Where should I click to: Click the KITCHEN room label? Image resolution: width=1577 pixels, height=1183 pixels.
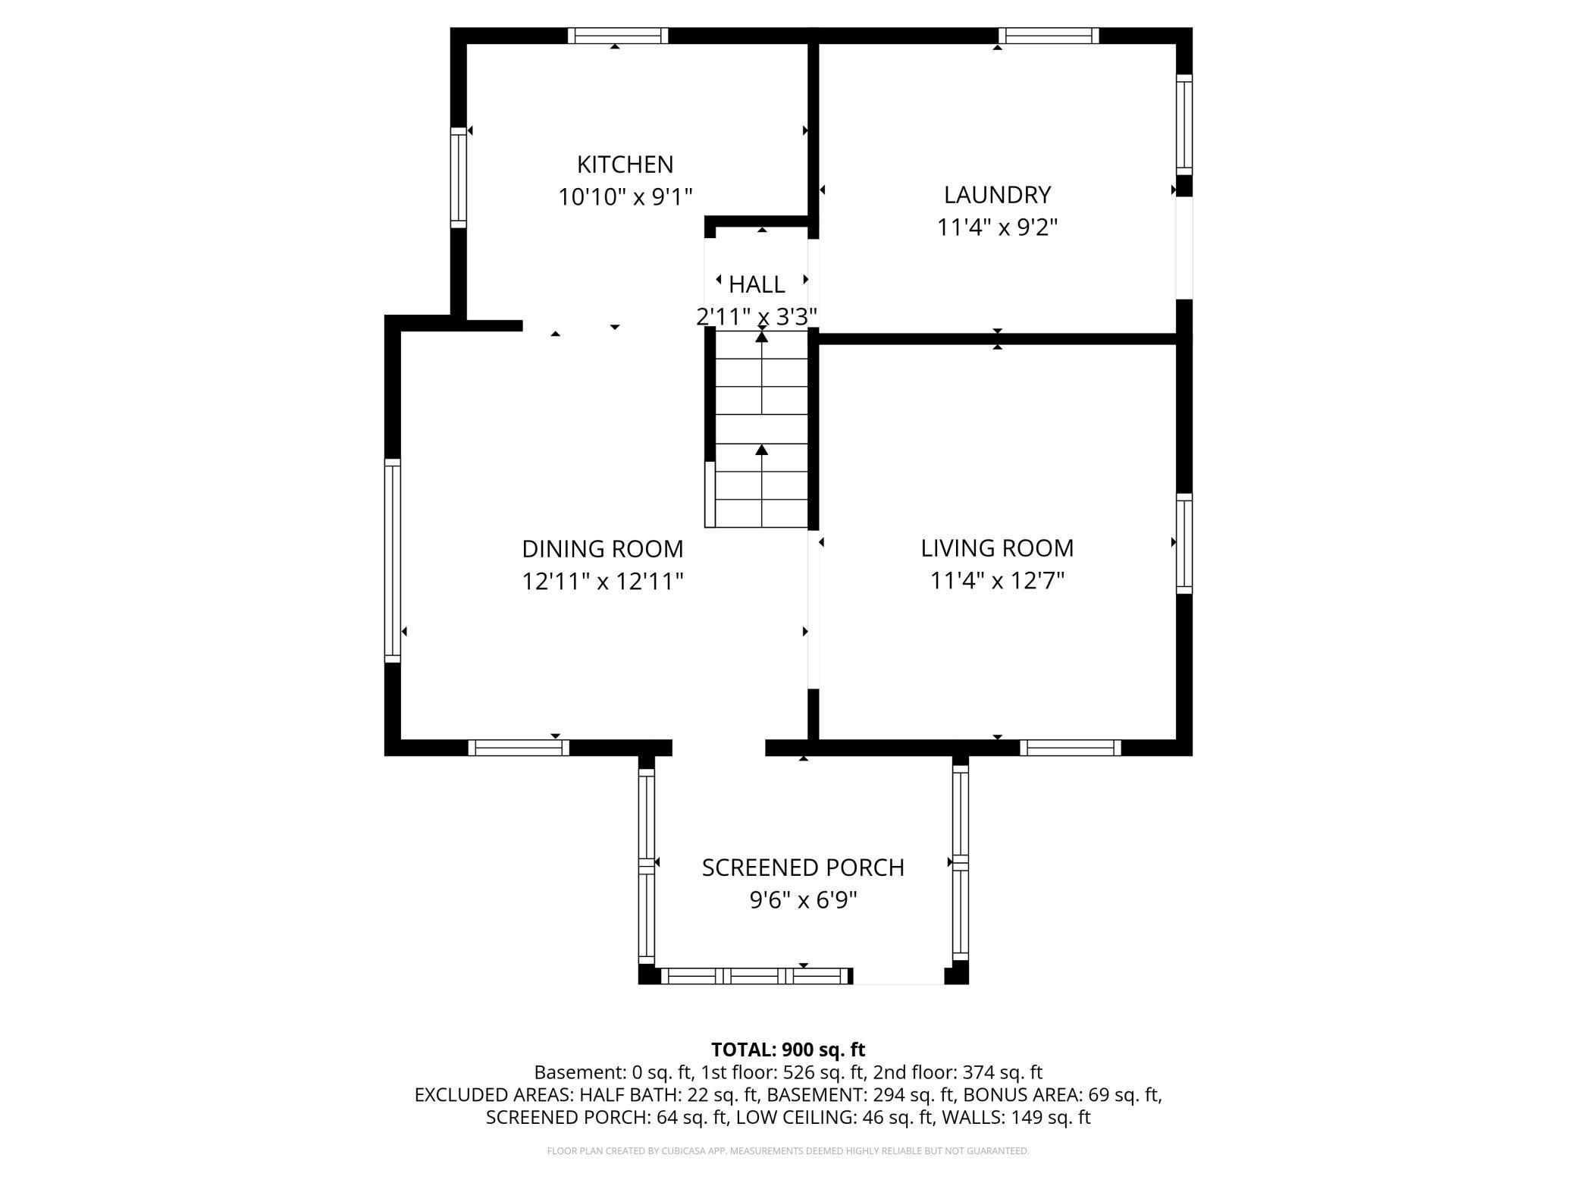(x=625, y=165)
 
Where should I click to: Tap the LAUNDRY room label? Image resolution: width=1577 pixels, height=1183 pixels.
(x=997, y=195)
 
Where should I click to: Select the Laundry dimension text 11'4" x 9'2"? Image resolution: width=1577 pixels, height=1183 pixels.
(x=997, y=227)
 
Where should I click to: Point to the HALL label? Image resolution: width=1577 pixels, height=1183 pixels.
(x=756, y=284)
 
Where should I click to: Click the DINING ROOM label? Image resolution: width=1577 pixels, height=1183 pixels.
(x=602, y=548)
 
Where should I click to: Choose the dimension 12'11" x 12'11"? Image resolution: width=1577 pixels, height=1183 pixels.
(x=602, y=582)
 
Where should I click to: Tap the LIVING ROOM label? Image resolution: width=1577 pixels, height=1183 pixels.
(x=997, y=548)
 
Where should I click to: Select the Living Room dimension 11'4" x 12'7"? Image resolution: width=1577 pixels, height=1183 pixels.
(x=997, y=581)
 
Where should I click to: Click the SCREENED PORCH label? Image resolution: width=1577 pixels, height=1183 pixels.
(x=803, y=868)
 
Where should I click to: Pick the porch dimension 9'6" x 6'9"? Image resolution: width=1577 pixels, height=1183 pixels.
(x=803, y=901)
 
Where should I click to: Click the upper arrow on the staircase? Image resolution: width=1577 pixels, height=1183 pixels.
(x=762, y=337)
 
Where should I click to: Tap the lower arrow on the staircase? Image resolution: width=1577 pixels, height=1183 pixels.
(x=762, y=450)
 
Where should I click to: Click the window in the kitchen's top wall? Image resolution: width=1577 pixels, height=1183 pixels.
(x=617, y=36)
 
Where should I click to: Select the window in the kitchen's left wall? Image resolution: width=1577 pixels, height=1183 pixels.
(x=458, y=177)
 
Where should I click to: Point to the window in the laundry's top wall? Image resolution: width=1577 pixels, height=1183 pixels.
(x=1048, y=36)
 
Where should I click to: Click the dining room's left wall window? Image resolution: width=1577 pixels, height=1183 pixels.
(x=392, y=560)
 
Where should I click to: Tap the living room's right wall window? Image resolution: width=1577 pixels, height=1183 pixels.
(x=1184, y=543)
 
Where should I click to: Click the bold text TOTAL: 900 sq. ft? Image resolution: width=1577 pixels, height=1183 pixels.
(x=788, y=1050)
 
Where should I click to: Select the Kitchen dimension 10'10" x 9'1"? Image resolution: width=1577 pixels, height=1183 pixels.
(x=625, y=197)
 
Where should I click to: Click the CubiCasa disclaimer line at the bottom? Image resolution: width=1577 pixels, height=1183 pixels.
(x=788, y=1151)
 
